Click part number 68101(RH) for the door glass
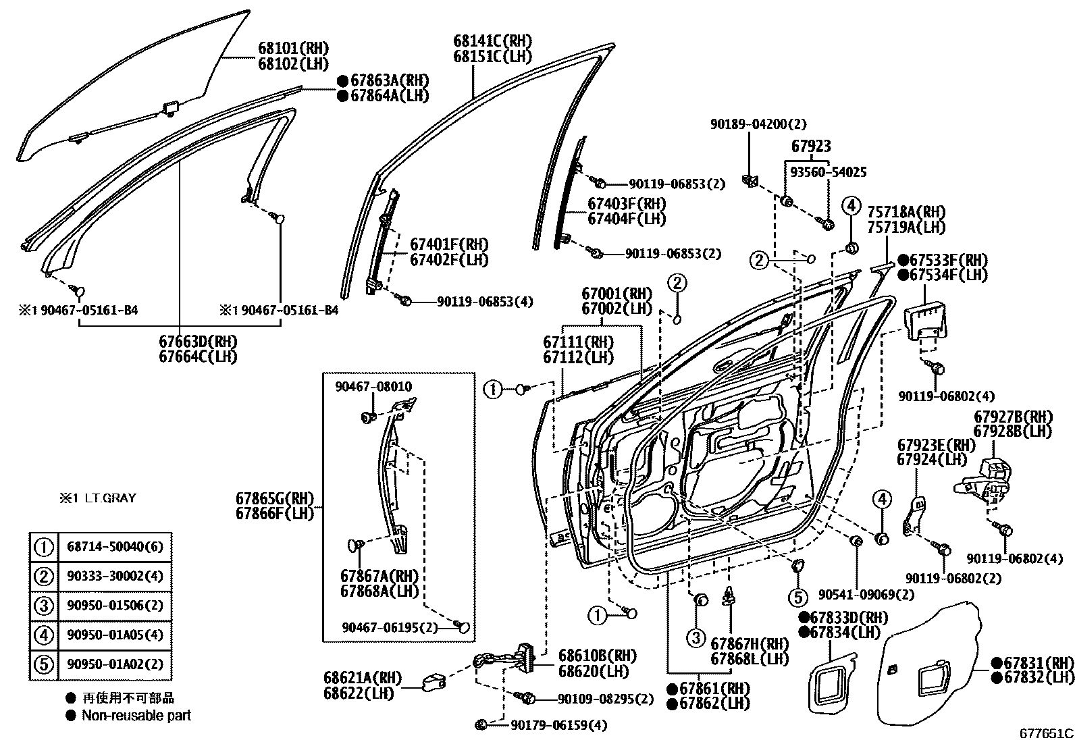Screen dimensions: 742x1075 click(293, 49)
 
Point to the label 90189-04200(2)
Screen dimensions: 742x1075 click(758, 124)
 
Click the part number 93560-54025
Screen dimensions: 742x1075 click(829, 173)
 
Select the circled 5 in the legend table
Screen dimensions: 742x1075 click(43, 664)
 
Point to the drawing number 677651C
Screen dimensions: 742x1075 click(1046, 733)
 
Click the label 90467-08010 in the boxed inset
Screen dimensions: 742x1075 click(373, 386)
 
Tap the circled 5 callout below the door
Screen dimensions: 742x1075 click(797, 597)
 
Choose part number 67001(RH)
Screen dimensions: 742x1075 click(617, 294)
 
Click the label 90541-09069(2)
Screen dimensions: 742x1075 click(866, 595)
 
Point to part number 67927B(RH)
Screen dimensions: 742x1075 click(1013, 417)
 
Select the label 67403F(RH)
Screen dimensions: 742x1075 click(627, 203)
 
